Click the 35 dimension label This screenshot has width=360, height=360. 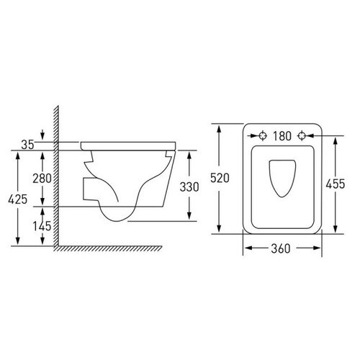click(27, 145)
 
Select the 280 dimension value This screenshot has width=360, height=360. click(42, 179)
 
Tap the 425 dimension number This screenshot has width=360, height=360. click(18, 199)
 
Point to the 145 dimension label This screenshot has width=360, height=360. click(42, 226)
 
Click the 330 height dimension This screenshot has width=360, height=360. click(189, 187)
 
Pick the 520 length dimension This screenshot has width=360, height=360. click(220, 178)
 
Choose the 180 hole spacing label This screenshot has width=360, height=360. click(282, 136)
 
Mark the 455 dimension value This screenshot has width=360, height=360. click(336, 184)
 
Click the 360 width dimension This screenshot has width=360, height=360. click(281, 248)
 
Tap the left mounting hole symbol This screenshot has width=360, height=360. click(263, 136)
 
